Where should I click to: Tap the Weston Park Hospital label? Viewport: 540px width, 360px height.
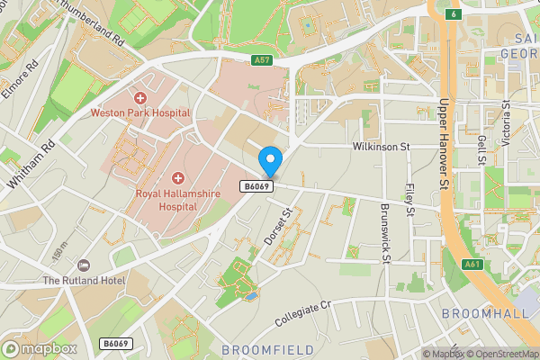[x=139, y=112]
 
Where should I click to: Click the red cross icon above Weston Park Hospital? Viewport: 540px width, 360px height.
[x=139, y=97]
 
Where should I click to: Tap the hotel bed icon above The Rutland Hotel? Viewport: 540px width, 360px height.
[x=85, y=265]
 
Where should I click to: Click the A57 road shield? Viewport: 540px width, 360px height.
[x=262, y=60]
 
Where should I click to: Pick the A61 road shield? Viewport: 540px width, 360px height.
[x=472, y=265]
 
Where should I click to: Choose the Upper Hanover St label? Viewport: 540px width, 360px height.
[x=443, y=157]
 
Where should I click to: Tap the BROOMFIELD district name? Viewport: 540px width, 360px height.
[x=267, y=349]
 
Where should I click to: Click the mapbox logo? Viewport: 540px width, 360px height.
[x=40, y=348]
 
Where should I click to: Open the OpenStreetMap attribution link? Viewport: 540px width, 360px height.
[x=500, y=354]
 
